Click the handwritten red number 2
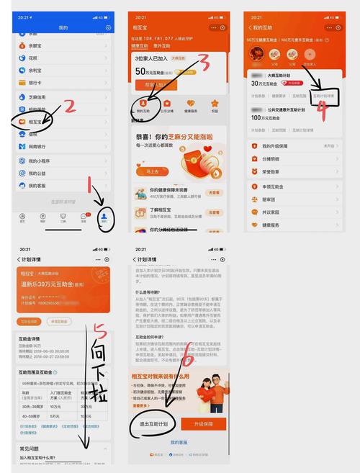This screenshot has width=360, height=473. click(x=71, y=107)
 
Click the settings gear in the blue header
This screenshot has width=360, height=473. click(x=108, y=27)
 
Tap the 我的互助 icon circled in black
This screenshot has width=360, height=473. click(x=144, y=106)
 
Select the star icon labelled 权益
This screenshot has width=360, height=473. click(x=215, y=105)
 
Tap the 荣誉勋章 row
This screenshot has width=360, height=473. click(x=282, y=172)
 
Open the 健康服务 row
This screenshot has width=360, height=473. click(x=281, y=224)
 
